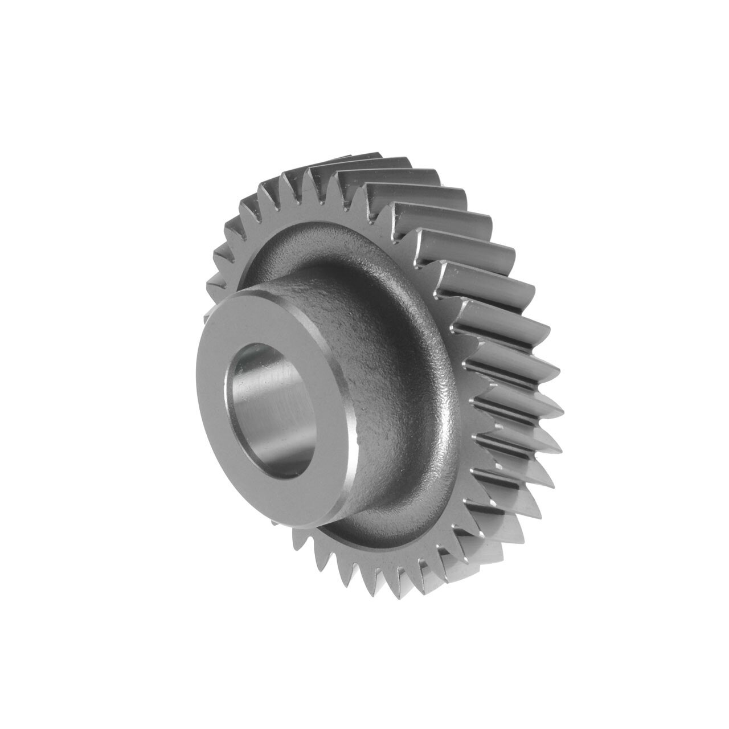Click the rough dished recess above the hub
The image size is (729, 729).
coord(319,251)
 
